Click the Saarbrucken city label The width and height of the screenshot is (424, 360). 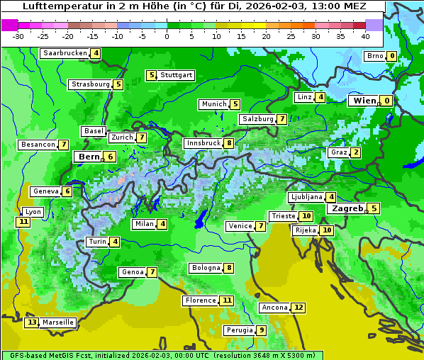(65, 53)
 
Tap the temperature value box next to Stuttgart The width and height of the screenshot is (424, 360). (151, 75)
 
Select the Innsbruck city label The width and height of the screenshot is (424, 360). (203, 143)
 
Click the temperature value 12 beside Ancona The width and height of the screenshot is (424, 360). (299, 308)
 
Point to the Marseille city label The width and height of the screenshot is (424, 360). (58, 322)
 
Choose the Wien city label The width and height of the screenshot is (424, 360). (365, 101)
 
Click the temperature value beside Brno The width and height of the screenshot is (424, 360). (391, 57)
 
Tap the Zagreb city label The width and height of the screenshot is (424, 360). (347, 208)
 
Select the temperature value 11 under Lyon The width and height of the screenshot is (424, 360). (23, 222)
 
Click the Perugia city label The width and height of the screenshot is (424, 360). (239, 330)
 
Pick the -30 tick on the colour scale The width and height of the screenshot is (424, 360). (18, 36)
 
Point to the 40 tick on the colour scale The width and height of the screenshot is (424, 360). (365, 36)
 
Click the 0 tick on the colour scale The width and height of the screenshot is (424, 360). (167, 36)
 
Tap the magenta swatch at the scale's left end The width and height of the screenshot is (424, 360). (9, 25)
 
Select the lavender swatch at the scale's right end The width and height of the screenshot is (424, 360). (374, 25)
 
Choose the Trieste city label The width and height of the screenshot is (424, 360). (283, 216)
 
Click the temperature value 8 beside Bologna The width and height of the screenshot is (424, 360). (228, 268)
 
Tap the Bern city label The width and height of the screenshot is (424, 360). (89, 157)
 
